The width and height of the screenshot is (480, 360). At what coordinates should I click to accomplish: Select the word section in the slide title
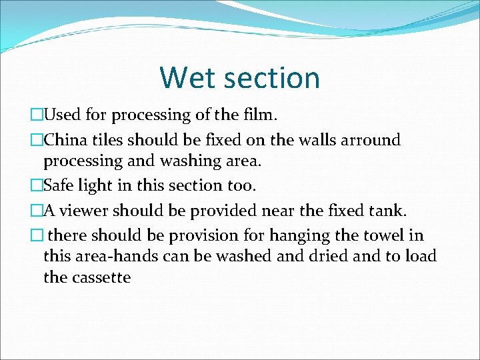[274, 77]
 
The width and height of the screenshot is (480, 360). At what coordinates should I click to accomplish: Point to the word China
[65, 140]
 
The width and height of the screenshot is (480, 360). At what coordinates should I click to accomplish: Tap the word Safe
[59, 185]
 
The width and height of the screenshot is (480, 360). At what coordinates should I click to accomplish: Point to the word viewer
[85, 211]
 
